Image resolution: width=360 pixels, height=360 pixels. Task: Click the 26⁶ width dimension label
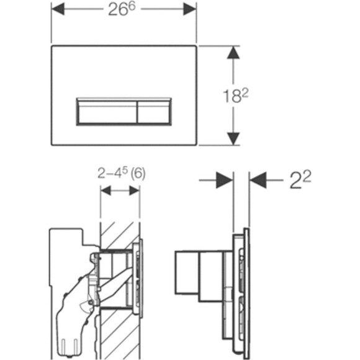(x=122, y=9)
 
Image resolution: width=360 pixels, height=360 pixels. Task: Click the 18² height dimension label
(x=236, y=96)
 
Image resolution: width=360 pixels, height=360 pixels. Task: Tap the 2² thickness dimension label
(x=300, y=180)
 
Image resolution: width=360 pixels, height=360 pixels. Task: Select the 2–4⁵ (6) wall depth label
(x=122, y=174)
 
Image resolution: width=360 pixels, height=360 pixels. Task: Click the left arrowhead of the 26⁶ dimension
(x=58, y=9)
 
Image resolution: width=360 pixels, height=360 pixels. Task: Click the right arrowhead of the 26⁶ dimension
(x=190, y=9)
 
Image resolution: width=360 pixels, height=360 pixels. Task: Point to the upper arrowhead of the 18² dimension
(x=233, y=53)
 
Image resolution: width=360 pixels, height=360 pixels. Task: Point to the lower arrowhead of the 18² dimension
(x=233, y=138)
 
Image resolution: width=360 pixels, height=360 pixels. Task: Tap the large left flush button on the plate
(x=107, y=112)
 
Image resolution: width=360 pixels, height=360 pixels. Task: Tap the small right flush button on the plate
(x=154, y=112)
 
